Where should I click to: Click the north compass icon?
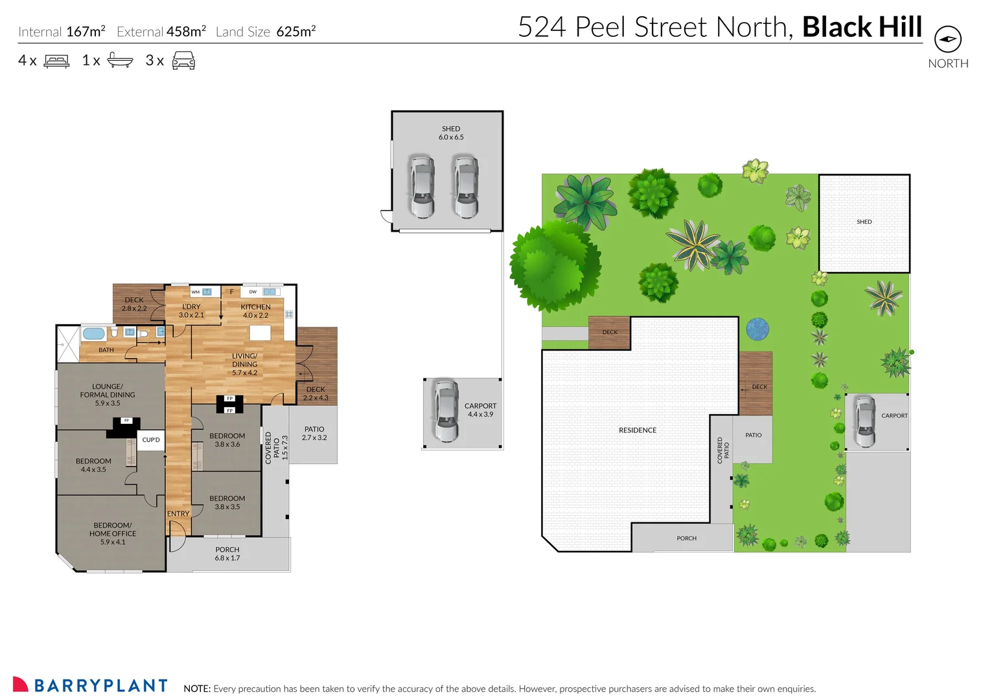(947, 39)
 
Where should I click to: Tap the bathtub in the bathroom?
(93, 334)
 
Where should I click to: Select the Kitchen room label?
(255, 311)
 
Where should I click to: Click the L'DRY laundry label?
(191, 311)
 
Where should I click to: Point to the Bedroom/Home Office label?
(113, 533)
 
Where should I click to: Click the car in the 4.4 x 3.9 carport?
(446, 411)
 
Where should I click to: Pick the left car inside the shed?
(421, 186)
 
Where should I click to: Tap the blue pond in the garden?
(757, 329)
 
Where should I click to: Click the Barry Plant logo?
(90, 685)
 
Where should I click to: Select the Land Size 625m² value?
(295, 32)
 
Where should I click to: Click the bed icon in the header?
(56, 61)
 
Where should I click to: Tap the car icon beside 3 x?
(183, 61)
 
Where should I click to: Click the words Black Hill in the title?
(862, 27)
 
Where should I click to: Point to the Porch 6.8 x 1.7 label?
(227, 553)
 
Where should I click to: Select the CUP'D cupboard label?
(151, 439)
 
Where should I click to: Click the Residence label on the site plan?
(638, 430)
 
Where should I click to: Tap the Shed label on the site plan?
(864, 221)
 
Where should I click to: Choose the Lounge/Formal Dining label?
(108, 394)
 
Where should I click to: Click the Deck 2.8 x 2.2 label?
(134, 304)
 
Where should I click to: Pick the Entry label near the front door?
(178, 513)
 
